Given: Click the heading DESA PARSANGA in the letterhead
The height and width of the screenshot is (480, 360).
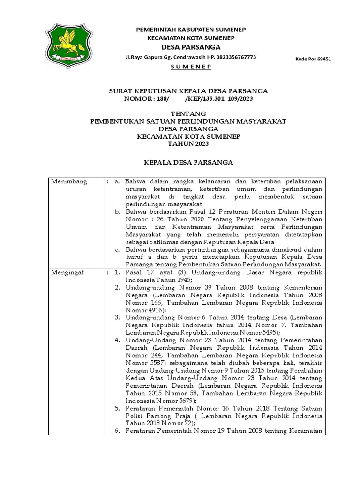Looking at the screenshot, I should (191, 47).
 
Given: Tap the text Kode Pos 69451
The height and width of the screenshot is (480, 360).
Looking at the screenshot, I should (313, 59).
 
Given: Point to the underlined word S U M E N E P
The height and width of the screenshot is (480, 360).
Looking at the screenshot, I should (190, 67).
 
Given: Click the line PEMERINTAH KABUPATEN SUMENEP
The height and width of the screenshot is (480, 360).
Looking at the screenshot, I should (191, 30).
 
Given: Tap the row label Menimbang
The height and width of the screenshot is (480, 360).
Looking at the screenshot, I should (69, 182).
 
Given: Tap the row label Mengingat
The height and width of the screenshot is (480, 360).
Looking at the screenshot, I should (69, 271).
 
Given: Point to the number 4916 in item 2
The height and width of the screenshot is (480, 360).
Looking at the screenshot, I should (152, 310).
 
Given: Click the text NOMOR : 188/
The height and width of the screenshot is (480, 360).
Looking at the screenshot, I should (145, 98).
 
